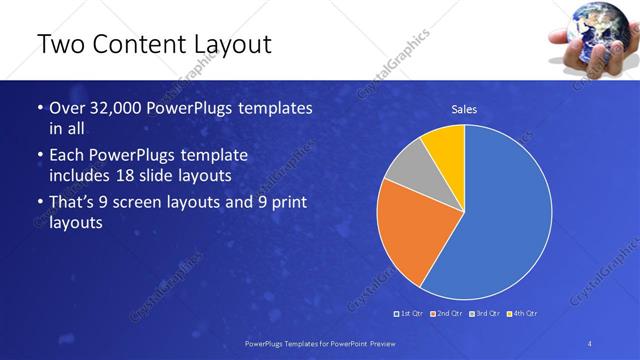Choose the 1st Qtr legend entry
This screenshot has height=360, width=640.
(x=409, y=314)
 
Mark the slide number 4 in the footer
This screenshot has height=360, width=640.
(x=590, y=343)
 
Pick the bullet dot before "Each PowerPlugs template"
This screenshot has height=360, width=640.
(x=39, y=156)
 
